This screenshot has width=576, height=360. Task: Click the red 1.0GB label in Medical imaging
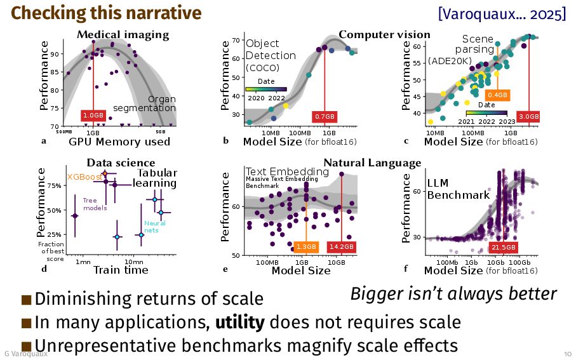[93, 115]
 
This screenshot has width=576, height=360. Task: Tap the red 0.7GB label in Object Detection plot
[325, 117]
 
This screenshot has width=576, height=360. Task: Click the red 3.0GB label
[529, 116]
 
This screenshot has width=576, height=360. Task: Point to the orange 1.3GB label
[306, 246]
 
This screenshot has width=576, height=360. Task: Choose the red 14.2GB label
[341, 246]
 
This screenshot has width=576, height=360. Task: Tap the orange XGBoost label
[84, 177]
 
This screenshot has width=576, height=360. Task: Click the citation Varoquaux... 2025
[502, 13]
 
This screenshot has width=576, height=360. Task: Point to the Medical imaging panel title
[123, 34]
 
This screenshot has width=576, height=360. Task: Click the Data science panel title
[121, 163]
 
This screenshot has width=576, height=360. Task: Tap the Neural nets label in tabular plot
[155, 227]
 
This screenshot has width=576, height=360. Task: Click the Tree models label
[95, 204]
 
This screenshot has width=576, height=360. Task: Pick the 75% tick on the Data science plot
[53, 185]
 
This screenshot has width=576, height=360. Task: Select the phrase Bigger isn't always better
[453, 294]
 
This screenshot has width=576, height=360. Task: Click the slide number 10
[566, 353]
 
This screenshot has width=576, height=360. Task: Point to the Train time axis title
[121, 270]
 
